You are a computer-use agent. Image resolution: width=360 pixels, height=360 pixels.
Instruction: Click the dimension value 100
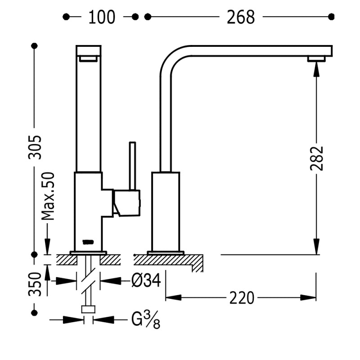point(102,17)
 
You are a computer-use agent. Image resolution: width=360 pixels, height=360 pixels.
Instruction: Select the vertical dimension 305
point(35,147)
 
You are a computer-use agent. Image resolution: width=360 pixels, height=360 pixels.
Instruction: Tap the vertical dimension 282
point(317,157)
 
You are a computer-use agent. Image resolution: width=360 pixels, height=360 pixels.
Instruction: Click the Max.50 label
point(49,196)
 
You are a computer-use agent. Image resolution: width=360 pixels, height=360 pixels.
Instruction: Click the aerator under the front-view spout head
point(88,58)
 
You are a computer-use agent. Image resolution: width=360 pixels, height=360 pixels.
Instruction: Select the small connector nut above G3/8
point(88,309)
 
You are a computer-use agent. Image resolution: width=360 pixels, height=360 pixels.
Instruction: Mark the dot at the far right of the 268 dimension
point(332,17)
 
